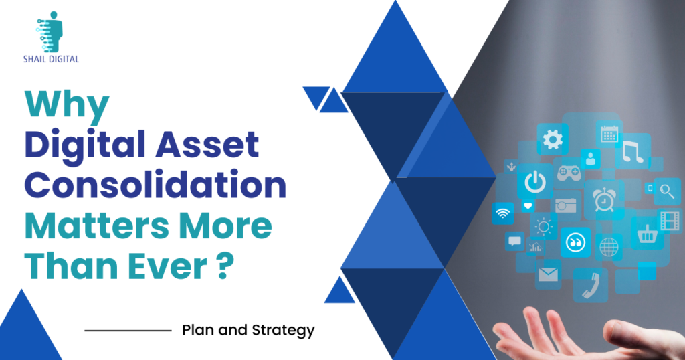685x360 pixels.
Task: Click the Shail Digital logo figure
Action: click(50, 32)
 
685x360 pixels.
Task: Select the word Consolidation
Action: click(155, 185)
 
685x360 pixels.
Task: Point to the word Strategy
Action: click(283, 331)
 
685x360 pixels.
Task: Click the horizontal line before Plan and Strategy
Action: click(128, 331)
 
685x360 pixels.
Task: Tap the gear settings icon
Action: click(553, 139)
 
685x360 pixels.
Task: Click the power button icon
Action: click(535, 182)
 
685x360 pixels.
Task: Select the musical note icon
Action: click(633, 152)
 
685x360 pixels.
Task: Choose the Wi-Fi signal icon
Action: click(503, 213)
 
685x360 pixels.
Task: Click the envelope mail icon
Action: click(548, 274)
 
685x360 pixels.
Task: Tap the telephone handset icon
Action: click(591, 285)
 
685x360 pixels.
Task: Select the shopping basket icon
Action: click(647, 234)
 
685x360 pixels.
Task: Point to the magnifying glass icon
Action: click(667, 191)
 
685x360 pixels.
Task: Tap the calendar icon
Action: click(609, 134)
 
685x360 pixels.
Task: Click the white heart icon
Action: click(528, 206)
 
